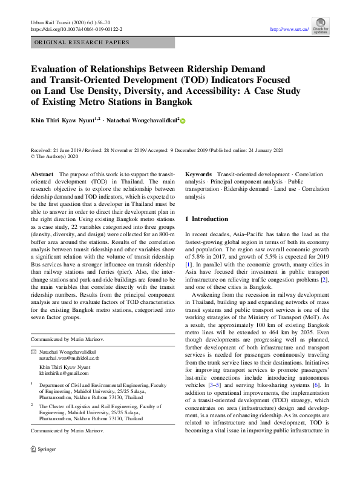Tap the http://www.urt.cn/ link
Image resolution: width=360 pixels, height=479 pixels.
click(289, 29)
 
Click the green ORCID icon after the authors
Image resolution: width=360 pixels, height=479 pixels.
click(183, 121)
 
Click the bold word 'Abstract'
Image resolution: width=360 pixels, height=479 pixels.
click(42, 174)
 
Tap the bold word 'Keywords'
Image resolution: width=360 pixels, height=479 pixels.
click(198, 174)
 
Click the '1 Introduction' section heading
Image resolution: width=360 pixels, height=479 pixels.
click(206, 219)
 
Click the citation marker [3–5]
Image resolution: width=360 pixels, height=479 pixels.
click(214, 384)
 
